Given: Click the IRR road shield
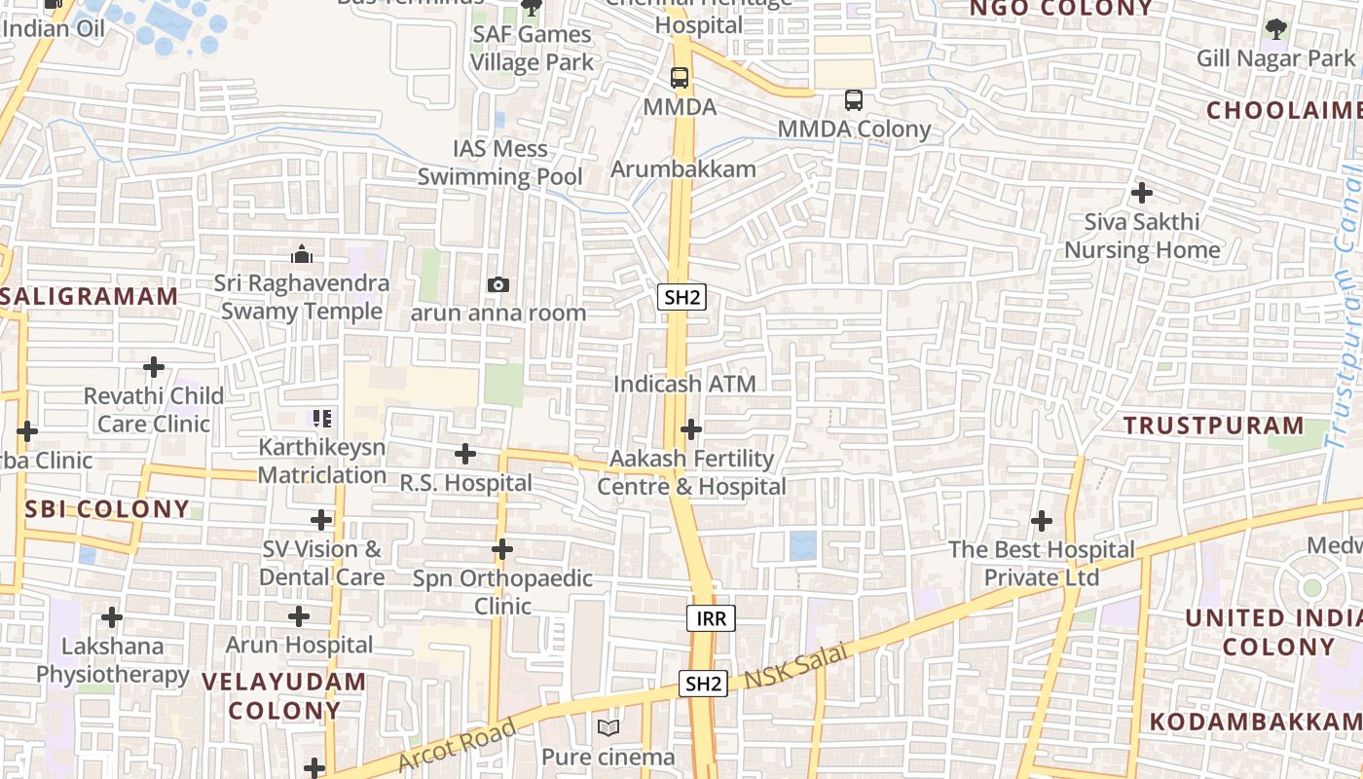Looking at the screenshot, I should (711, 617).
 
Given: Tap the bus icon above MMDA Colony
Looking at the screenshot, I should (853, 100).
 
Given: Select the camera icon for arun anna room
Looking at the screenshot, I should (497, 284).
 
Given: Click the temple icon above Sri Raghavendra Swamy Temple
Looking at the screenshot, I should (302, 254).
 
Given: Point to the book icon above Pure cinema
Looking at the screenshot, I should (608, 727).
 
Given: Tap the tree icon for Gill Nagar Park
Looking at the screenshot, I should (1275, 29).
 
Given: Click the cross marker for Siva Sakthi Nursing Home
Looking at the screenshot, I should (1141, 193).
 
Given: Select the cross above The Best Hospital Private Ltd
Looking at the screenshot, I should (1042, 521).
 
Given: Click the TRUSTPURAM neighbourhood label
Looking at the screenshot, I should (1213, 426).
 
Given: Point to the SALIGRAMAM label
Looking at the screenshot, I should (90, 296).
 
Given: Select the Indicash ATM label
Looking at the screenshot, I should (684, 384).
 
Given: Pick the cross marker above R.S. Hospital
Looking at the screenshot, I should (465, 454).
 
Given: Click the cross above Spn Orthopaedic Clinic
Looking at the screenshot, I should (501, 549).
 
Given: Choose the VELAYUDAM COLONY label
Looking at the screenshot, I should (284, 695).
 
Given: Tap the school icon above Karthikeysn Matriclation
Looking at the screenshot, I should (321, 420).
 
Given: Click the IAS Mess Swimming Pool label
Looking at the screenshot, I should (500, 163).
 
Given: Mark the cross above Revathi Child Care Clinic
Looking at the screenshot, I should (154, 367).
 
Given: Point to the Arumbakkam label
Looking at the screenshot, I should (683, 168).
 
